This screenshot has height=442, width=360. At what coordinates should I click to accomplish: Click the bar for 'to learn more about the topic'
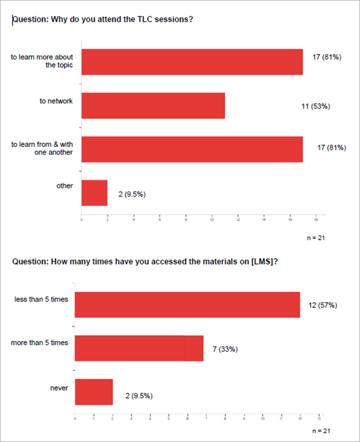tap(192, 62)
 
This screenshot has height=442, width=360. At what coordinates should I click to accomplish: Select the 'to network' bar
tap(153, 105)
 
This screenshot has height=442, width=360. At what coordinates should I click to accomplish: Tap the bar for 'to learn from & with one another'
tap(192, 149)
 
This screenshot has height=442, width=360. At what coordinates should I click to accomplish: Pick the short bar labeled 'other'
tap(94, 193)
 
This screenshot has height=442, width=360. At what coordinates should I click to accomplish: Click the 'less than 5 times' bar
tap(187, 304)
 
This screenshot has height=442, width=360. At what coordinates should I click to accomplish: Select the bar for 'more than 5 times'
tap(139, 348)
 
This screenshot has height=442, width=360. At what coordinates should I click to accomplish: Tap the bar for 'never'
tap(94, 392)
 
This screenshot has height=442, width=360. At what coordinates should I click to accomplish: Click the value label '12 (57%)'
tap(323, 305)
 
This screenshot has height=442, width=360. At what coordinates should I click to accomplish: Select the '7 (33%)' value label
tap(225, 349)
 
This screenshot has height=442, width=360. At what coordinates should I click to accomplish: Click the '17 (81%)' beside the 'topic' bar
tap(327, 57)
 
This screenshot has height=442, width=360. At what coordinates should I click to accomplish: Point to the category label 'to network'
tap(56, 101)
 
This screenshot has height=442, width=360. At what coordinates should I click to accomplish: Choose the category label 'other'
tap(64, 186)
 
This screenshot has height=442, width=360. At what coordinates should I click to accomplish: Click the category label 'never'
tap(59, 388)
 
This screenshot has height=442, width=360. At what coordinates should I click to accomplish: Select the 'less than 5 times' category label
tap(41, 299)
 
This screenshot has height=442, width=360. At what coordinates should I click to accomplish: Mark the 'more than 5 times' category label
tap(39, 343)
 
